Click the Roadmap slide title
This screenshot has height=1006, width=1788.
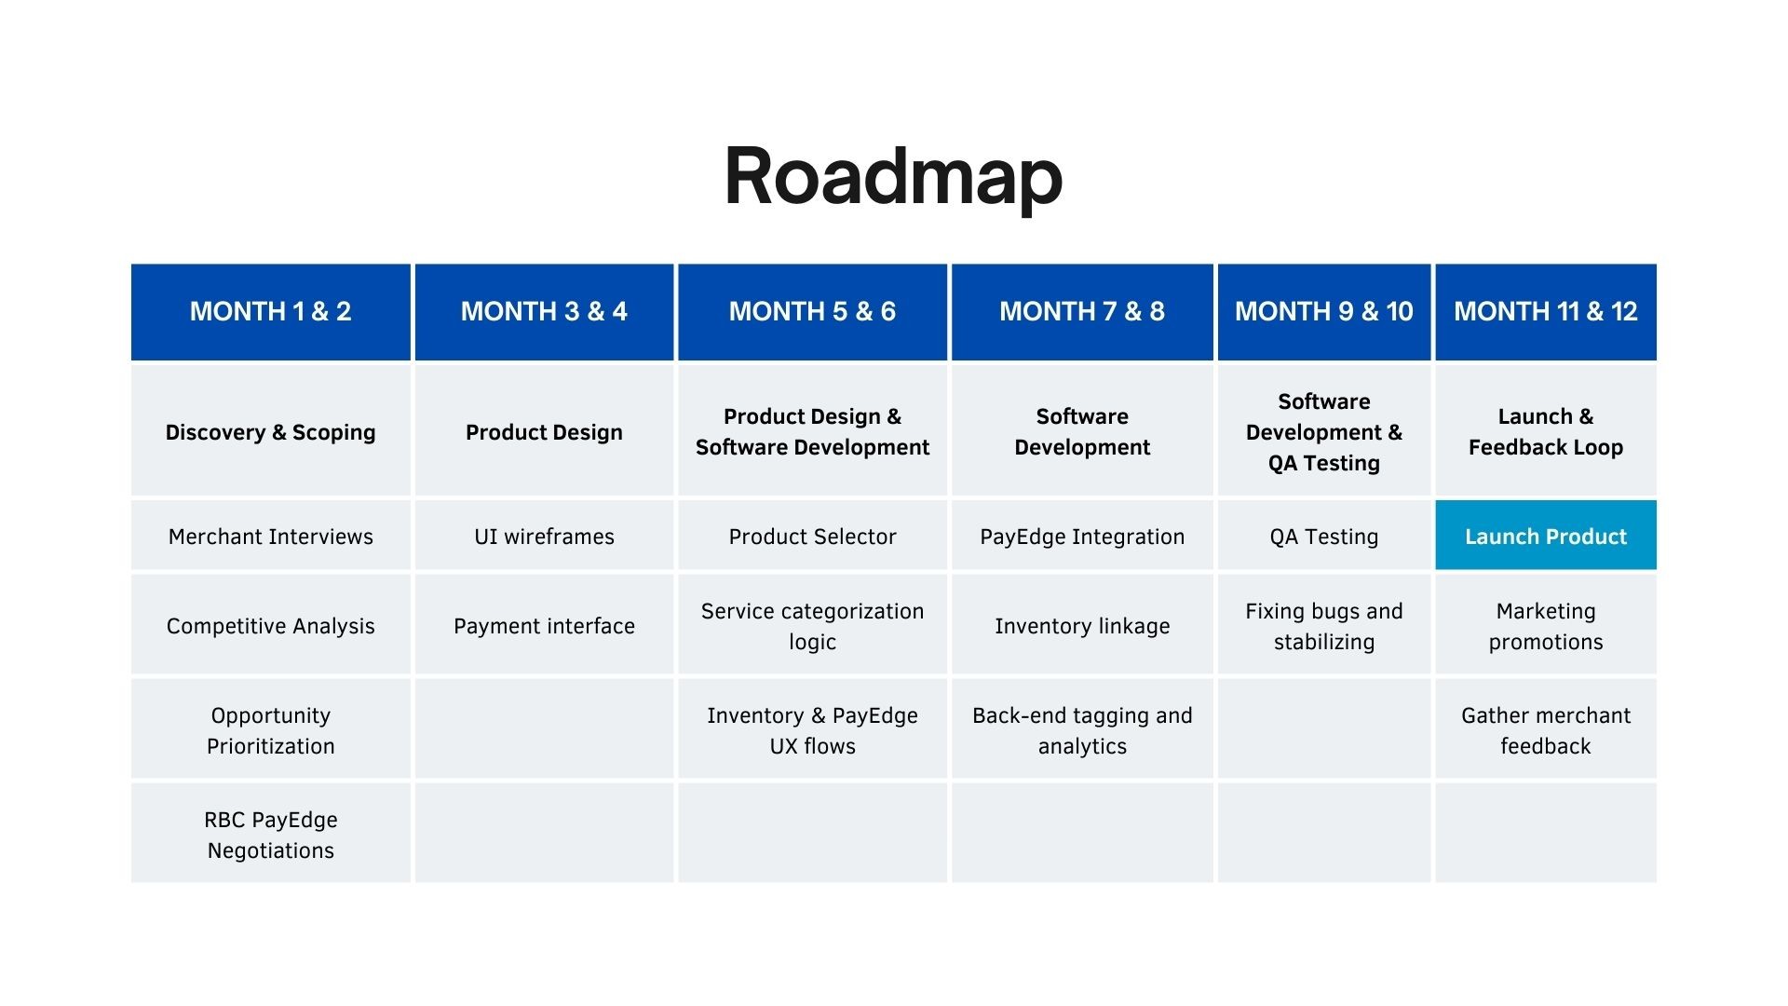coord(893,177)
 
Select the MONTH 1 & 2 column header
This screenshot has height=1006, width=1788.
coord(270,312)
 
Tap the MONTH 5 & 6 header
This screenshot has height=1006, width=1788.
coord(812,312)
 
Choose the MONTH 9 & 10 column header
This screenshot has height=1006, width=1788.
coord(1323,312)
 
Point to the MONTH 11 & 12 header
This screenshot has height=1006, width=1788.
coord(1546,312)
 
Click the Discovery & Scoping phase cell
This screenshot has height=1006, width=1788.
coord(270,431)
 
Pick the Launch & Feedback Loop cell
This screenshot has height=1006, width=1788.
coord(1546,431)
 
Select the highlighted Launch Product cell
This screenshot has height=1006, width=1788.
coord(1546,536)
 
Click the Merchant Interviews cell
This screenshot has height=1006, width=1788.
coord(270,536)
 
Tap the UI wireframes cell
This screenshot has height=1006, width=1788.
coord(544,536)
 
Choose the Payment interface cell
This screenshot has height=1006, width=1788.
coord(544,625)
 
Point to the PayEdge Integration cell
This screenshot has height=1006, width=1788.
coord(1082,536)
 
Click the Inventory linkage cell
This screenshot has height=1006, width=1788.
coord(1082,625)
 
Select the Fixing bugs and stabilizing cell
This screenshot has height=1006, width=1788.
coord(1323,625)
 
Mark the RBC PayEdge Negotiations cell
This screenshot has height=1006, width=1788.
coord(270,834)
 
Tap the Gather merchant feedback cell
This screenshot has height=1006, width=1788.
coord(1546,729)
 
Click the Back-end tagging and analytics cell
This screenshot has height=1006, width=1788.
coord(1082,729)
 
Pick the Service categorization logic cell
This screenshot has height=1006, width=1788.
coord(812,625)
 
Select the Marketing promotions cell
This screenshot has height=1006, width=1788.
coord(1546,625)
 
